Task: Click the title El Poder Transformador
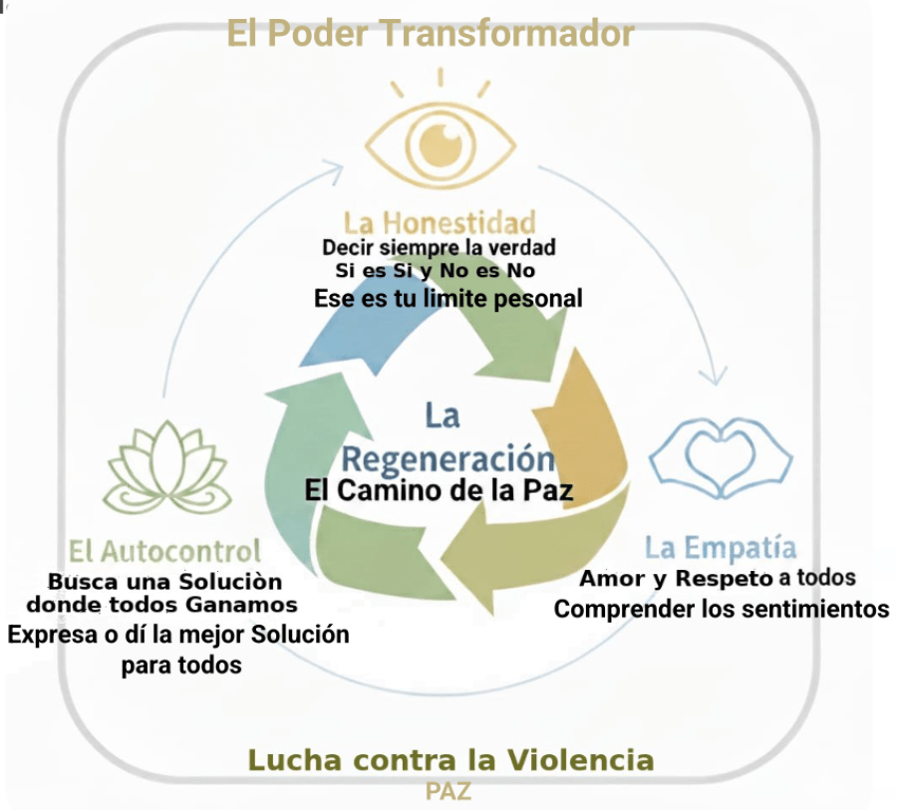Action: [430, 33]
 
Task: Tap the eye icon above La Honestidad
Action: [440, 145]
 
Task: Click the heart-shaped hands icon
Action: [721, 458]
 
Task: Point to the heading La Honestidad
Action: [440, 221]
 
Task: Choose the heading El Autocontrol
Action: [165, 550]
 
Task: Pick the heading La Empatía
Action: [720, 547]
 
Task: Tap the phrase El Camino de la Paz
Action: [440, 490]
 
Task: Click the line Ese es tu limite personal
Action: [448, 298]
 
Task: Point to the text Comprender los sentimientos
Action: [722, 608]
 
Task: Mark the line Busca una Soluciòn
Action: [164, 581]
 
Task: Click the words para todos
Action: [181, 665]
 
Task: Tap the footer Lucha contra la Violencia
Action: [450, 761]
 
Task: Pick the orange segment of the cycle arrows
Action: [595, 418]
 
